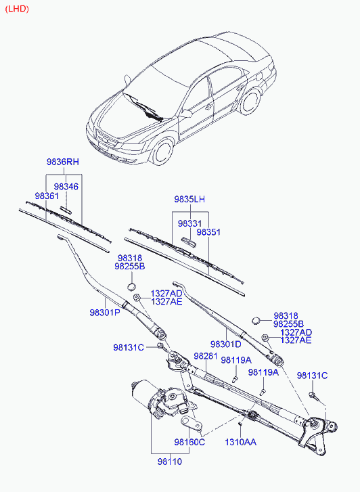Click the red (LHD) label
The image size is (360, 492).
pyautogui.click(x=17, y=9)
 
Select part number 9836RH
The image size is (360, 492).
pyautogui.click(x=63, y=162)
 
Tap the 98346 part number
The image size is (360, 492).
pyautogui.click(x=66, y=186)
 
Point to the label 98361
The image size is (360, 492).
pyautogui.click(x=47, y=196)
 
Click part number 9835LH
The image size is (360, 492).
pyautogui.click(x=189, y=199)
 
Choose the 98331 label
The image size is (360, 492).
pyautogui.click(x=190, y=224)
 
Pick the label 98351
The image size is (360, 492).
pyautogui.click(x=208, y=232)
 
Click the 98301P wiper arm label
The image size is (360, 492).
pyautogui.click(x=105, y=313)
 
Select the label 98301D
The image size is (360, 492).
pyautogui.click(x=225, y=344)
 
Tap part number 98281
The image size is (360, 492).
pyautogui.click(x=206, y=356)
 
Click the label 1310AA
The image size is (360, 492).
pyautogui.click(x=240, y=442)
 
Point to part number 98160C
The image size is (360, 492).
pyautogui.click(x=189, y=442)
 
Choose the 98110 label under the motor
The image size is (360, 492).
pyautogui.click(x=170, y=462)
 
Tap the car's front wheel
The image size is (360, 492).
pyautogui.click(x=163, y=152)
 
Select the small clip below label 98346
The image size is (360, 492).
pyautogui.click(x=66, y=210)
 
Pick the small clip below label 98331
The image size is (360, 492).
pyautogui.click(x=189, y=242)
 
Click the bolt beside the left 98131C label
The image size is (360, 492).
pyautogui.click(x=161, y=346)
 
